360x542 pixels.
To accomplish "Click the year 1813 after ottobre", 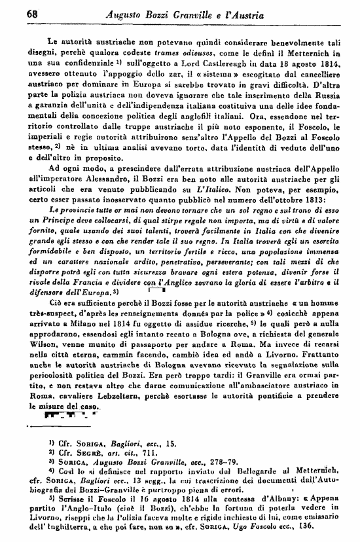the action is point(300,198).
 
